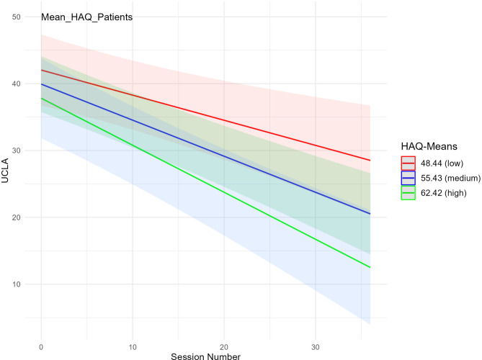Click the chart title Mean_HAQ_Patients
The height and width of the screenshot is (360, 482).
87,17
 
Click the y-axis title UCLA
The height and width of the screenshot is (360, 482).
5,171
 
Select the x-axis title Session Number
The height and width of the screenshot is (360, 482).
205,356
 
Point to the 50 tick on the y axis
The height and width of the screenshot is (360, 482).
17,17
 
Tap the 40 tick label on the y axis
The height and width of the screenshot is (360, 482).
17,84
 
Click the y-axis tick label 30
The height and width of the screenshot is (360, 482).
17,150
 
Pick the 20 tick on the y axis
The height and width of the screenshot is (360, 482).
17,217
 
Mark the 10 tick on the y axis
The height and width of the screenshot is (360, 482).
17,284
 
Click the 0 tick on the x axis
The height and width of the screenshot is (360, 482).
41,347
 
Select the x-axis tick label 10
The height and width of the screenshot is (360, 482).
133,347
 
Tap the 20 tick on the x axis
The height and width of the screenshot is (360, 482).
224,347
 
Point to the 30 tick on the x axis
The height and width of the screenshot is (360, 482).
316,347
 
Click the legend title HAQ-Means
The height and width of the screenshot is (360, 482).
429,146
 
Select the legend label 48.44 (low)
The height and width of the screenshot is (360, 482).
442,163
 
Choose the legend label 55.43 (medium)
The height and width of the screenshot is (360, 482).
450,178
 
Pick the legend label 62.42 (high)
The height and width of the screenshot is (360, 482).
444,193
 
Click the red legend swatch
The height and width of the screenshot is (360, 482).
409,163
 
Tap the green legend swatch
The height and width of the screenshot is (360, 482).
409,193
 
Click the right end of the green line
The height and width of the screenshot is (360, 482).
370,267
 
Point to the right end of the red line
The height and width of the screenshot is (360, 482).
370,161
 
